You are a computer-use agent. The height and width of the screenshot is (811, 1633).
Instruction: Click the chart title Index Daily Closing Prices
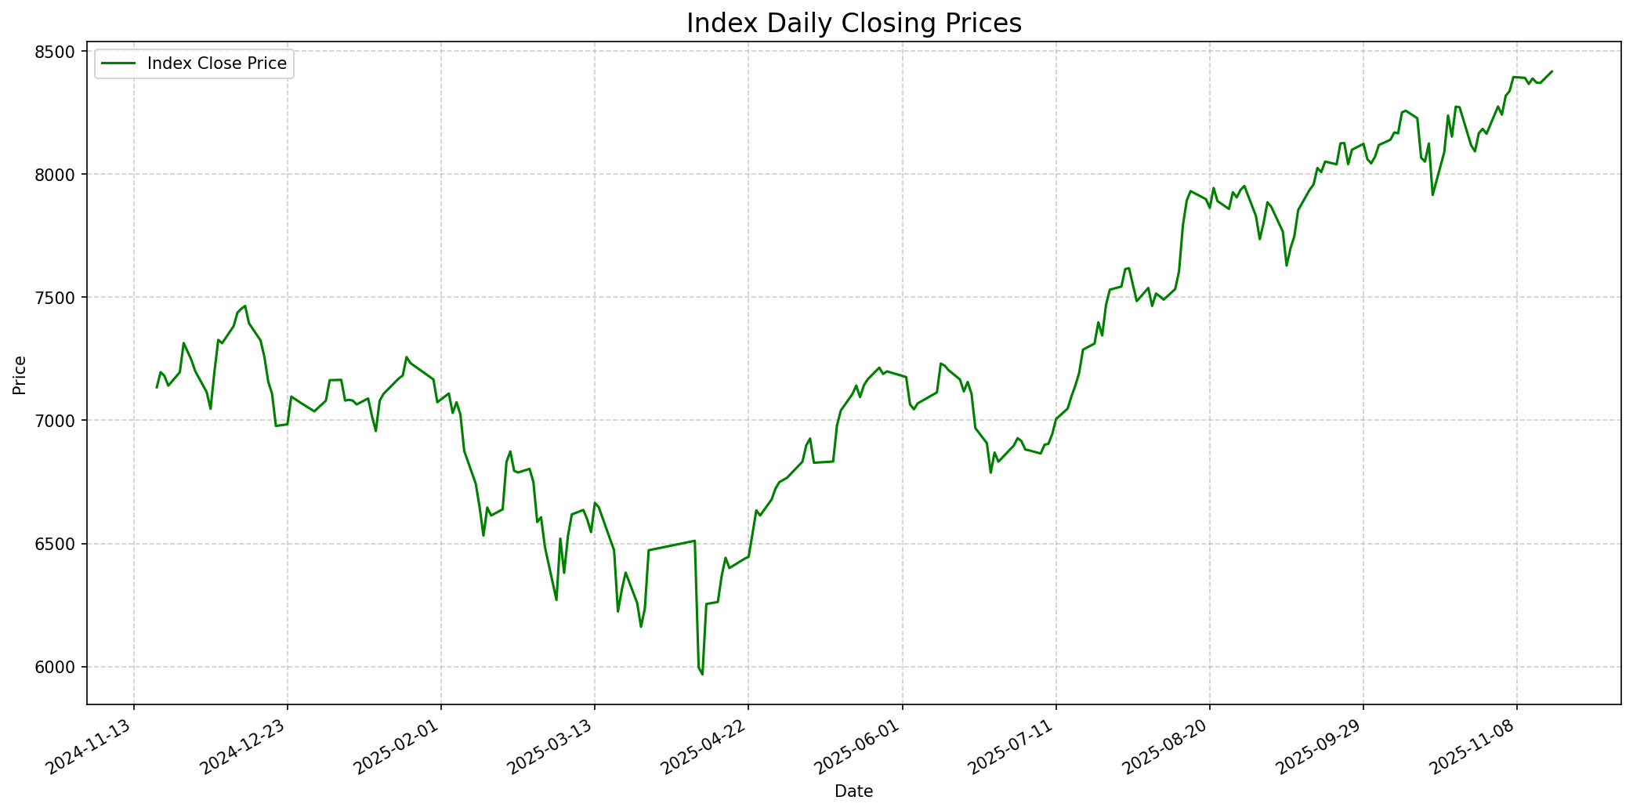pos(853,24)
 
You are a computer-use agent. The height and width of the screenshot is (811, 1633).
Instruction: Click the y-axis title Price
pos(20,375)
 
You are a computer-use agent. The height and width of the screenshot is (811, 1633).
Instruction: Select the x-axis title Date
pos(853,791)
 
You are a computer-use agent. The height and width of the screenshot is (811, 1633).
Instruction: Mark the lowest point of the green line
pos(702,674)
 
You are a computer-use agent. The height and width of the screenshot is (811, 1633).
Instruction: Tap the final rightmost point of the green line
pos(1552,71)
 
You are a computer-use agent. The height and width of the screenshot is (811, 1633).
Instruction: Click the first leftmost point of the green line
pos(157,387)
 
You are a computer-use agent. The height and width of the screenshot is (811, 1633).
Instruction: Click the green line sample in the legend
pos(118,63)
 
